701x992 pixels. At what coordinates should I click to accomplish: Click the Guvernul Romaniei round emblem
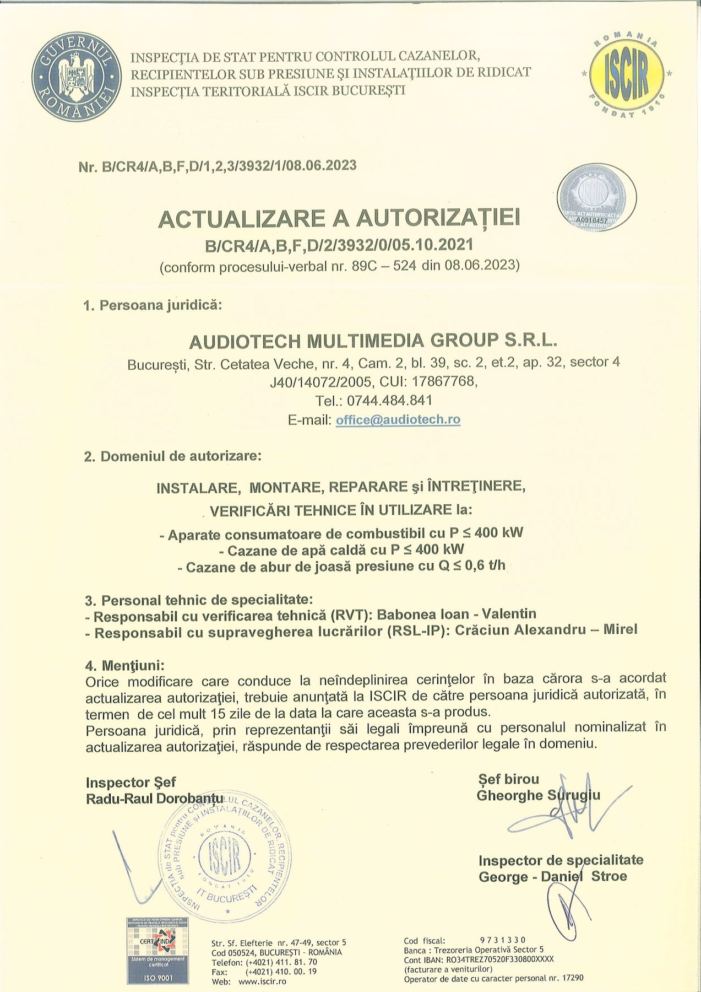coord(76,77)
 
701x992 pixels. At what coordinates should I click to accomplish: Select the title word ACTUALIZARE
coord(241,219)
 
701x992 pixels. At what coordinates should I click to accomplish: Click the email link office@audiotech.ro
coord(398,419)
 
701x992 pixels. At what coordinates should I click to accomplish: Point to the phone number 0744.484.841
coord(389,400)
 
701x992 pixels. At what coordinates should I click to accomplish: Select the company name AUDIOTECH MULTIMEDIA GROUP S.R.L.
coord(373,341)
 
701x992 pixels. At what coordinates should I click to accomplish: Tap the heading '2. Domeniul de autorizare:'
coord(172,456)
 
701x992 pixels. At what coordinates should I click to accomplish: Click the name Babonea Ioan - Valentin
coord(457,614)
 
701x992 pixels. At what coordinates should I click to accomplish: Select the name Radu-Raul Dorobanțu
coord(154,799)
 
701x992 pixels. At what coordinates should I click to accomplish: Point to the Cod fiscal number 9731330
coord(503,940)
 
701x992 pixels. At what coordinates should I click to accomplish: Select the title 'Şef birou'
coord(508,779)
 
